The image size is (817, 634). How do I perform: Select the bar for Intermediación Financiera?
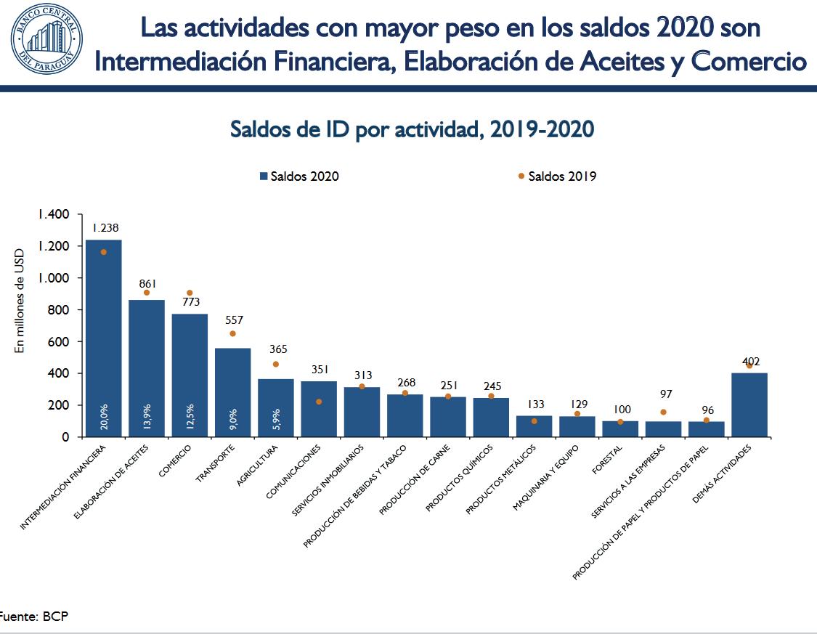tap(104, 338)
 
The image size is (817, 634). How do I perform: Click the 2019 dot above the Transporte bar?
tap(233, 333)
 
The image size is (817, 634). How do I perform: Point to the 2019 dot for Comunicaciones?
tap(319, 402)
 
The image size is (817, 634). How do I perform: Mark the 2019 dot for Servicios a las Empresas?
tap(663, 412)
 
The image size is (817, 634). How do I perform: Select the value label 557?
tap(232, 320)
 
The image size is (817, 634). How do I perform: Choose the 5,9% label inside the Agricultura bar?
tap(276, 419)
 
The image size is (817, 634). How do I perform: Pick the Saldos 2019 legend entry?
tap(557, 176)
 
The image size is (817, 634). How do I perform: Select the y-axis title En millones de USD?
tap(20, 298)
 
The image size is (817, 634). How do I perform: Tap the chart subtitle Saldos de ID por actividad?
tap(412, 129)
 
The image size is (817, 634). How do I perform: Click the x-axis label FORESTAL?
tap(607, 460)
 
